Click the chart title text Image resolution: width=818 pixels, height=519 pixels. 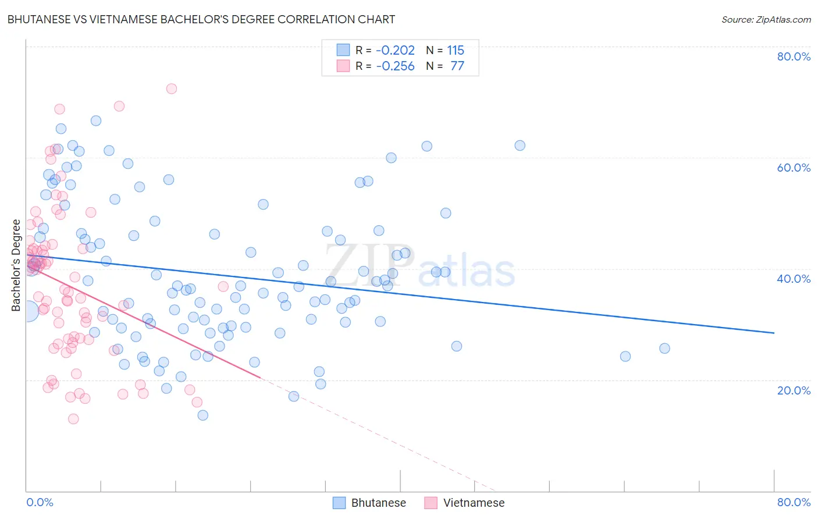[x=201, y=20]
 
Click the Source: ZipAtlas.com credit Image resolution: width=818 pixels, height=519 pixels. [x=766, y=20]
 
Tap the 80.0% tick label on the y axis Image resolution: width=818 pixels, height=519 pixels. [x=794, y=56]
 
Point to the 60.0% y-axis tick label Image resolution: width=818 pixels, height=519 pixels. [x=794, y=168]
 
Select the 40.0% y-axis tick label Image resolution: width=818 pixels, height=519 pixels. [x=794, y=279]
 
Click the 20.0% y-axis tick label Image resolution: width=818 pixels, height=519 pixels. [x=794, y=390]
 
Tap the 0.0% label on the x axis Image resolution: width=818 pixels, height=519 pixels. [x=40, y=502]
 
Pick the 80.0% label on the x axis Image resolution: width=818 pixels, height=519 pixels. [x=794, y=502]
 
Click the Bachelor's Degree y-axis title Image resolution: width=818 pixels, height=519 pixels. [x=16, y=265]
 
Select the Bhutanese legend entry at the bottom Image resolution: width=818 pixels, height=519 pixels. [x=369, y=503]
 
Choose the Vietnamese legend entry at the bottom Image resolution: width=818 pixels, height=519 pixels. [x=464, y=503]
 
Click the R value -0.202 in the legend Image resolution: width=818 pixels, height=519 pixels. [x=396, y=51]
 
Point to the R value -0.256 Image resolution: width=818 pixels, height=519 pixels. [x=396, y=66]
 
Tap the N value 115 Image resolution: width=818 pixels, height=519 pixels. [x=456, y=51]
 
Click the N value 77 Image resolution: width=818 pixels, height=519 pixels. [x=457, y=66]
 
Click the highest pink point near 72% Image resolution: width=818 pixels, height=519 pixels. [x=171, y=88]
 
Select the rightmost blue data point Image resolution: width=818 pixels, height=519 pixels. [x=664, y=349]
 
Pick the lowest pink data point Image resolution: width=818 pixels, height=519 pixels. [x=73, y=419]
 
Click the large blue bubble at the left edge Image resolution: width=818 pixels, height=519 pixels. [x=27, y=311]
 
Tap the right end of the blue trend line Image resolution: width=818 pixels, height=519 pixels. [x=774, y=333]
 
